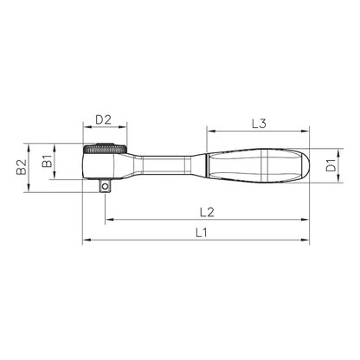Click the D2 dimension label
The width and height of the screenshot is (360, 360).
pos(103,119)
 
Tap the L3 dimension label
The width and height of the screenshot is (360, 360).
pos(259,124)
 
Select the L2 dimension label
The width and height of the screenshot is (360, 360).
pos(207,213)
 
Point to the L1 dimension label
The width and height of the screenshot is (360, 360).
pos(202,233)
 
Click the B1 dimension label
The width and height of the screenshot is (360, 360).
pos(47,161)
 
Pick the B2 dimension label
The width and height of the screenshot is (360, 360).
pos(21,167)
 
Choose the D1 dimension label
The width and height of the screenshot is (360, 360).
pos(331,165)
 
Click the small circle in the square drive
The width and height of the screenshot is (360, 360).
pos(105,187)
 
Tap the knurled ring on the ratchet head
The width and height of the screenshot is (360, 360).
pos(105,150)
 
